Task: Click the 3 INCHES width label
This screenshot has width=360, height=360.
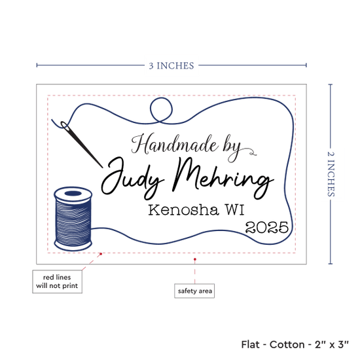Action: pos(171,65)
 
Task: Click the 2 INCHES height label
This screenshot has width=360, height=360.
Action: pos(331,174)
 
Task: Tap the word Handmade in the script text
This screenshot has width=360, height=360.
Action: pos(175,144)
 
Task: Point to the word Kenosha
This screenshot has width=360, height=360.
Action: pos(183,209)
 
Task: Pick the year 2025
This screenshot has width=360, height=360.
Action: pos(267,227)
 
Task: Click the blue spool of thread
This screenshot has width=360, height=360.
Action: pos(73,219)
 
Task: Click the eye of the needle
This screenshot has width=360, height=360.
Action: pos(65,126)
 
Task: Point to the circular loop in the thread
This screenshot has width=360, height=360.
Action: pos(161,109)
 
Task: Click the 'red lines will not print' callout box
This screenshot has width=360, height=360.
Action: pos(57,281)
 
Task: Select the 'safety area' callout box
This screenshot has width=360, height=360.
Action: pos(194,291)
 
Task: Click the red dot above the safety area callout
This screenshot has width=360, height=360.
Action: pos(194,259)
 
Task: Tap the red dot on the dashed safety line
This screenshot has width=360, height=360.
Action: pos(101,254)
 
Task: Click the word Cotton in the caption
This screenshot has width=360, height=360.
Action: pos(287,344)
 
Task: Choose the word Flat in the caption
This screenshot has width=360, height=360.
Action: pos(250,344)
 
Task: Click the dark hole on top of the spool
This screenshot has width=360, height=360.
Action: pos(73,193)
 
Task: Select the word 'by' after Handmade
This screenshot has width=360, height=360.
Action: pos(232,148)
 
